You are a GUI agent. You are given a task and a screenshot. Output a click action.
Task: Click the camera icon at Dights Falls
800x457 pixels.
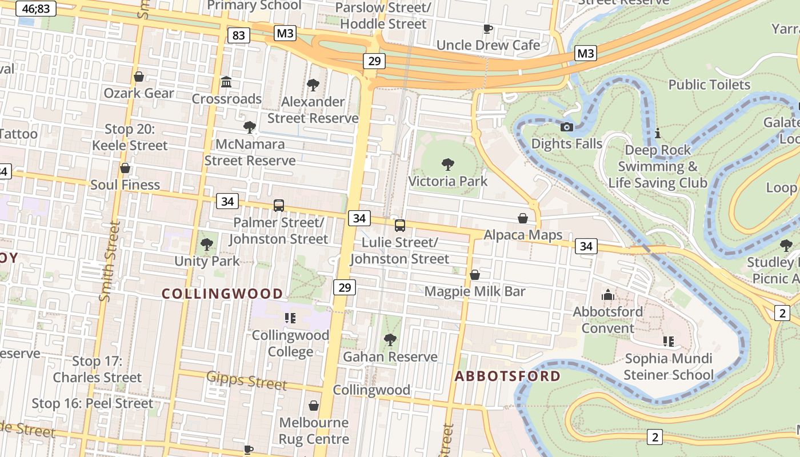coord(566,127)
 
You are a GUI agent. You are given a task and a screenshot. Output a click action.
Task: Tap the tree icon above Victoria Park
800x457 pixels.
coord(448,165)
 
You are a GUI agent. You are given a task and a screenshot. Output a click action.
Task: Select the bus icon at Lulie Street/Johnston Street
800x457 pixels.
coord(400,226)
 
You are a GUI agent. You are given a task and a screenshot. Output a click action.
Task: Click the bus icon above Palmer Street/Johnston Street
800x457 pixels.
coord(279,206)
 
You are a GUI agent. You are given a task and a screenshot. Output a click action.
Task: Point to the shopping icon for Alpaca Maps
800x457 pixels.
coord(523,218)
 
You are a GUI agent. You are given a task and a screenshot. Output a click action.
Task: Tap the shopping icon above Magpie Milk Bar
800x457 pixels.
coord(474,275)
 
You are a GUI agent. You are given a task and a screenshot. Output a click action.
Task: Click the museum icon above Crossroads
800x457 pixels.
coord(226,82)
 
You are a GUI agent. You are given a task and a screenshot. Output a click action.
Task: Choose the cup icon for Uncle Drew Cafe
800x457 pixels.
coord(487,29)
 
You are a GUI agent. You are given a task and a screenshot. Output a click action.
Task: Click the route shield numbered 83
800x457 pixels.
coord(238,35)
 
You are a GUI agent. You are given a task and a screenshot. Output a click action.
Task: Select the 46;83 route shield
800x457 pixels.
coord(35,9)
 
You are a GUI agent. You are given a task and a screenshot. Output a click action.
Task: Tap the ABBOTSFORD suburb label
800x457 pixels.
coord(507,376)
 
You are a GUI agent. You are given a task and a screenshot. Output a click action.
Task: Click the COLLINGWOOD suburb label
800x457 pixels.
coord(222,294)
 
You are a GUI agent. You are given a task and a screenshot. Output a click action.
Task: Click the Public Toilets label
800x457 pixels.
coord(709,85)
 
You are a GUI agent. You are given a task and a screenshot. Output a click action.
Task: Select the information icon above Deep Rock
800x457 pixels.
coord(658,133)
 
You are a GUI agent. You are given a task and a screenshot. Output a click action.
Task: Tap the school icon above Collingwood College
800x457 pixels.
coord(290,318)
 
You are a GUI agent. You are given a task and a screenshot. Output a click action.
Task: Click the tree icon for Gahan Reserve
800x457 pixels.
coord(390,340)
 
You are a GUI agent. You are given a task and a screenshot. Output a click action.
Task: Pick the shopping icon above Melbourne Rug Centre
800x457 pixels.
coord(314,406)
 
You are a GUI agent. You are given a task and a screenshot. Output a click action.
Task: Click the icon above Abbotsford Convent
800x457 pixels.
coord(607,295)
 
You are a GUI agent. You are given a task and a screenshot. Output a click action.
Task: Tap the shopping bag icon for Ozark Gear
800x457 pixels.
coord(139,77)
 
